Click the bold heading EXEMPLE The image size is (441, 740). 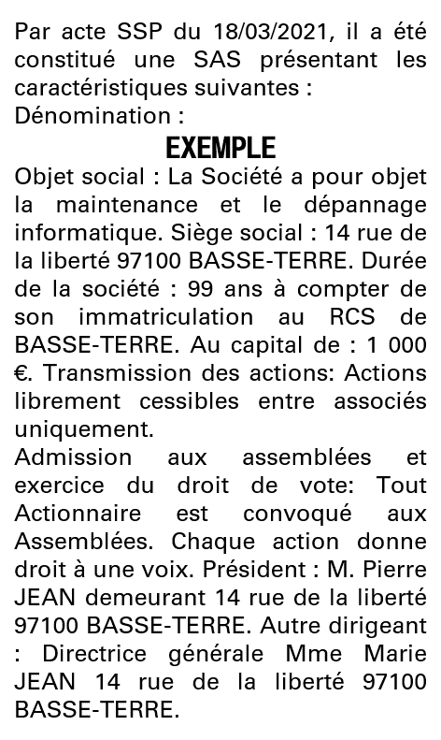point(220,149)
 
